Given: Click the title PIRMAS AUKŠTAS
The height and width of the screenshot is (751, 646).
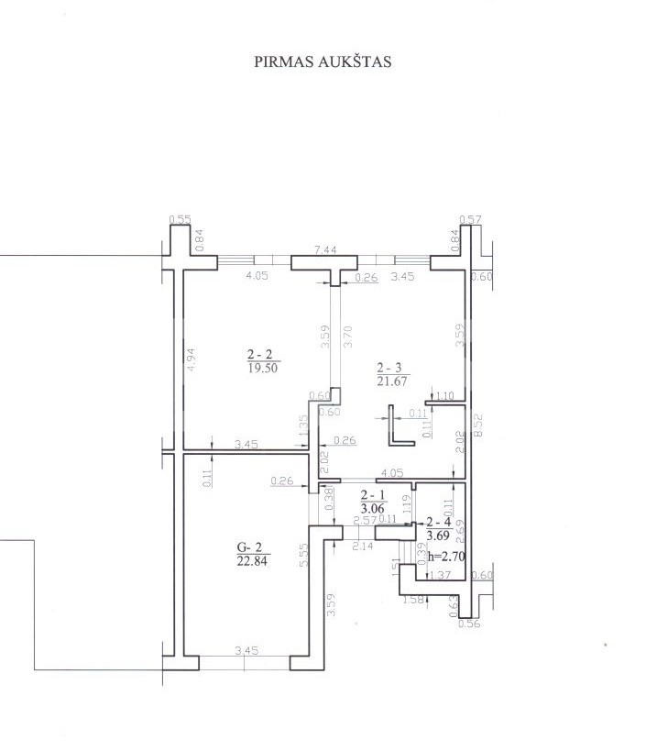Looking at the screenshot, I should point(323,62).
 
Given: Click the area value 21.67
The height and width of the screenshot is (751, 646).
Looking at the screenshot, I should point(391,381).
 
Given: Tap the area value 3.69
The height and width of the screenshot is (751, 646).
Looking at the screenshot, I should point(437,535).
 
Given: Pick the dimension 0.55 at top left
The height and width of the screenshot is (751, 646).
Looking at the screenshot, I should point(181,219).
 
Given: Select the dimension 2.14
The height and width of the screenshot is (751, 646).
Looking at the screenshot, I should point(363,547).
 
